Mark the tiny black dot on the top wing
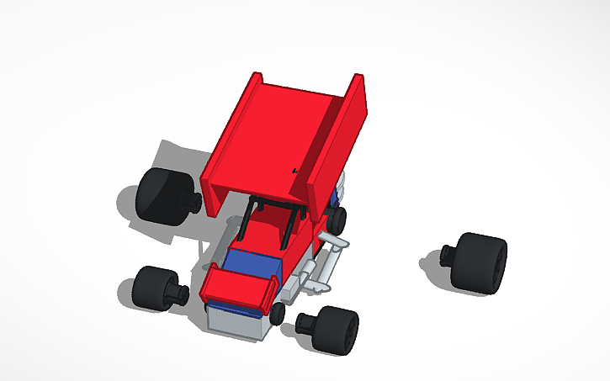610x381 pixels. (x=295, y=171)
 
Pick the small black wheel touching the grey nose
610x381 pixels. (x=278, y=314)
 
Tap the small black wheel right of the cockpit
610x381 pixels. (x=337, y=220)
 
